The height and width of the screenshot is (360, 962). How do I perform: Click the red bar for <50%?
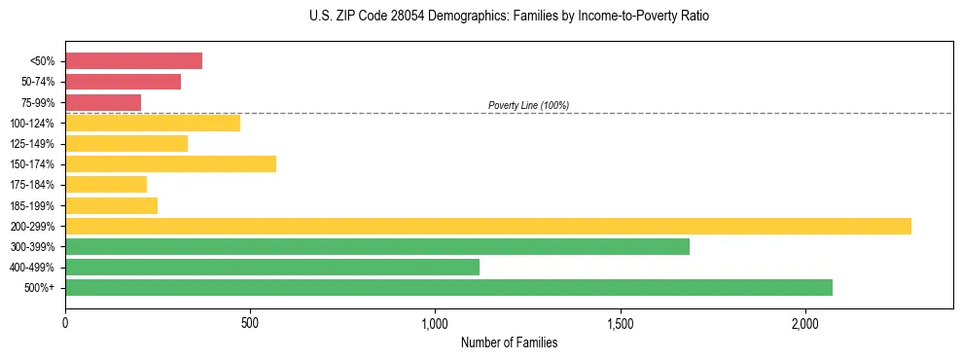coord(133,61)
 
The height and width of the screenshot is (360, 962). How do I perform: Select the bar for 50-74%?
coord(123,82)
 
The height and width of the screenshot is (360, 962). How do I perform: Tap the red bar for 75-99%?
coord(103,102)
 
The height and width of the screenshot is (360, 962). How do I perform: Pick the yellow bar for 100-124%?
coord(153,123)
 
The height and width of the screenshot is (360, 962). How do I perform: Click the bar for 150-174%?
coord(170,163)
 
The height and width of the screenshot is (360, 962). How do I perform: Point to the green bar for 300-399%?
coord(377,246)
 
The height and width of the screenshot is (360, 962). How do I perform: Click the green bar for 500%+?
coord(448,287)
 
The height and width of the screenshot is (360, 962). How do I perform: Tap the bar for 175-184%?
coord(106,184)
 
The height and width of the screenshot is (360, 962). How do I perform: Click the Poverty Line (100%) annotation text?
coord(528,105)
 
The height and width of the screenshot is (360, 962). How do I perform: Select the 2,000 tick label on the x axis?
coord(805,323)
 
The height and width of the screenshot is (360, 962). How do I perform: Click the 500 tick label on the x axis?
coord(250,323)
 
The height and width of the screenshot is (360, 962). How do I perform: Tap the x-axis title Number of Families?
coord(509,342)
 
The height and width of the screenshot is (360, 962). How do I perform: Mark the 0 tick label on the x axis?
coord(65,323)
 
